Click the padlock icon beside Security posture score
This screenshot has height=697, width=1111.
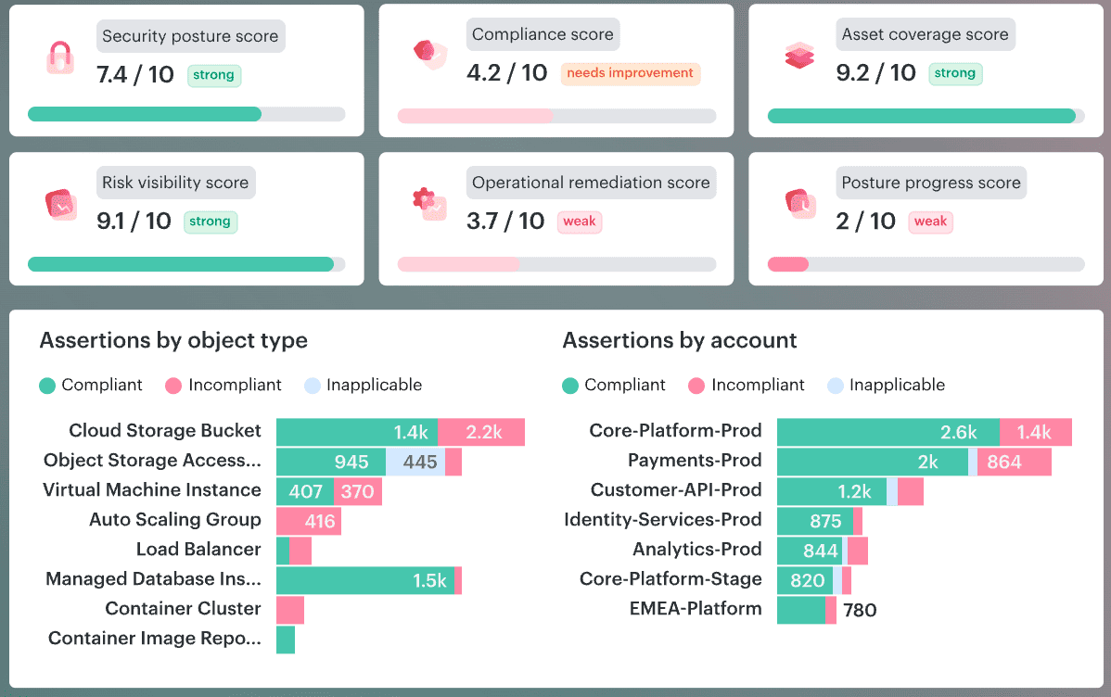coord(59,57)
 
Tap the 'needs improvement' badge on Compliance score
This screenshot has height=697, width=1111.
coord(630,73)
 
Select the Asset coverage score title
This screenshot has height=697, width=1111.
coord(925,35)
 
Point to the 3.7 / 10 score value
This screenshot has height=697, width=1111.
coord(505,221)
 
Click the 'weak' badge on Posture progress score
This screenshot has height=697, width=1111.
coord(930,222)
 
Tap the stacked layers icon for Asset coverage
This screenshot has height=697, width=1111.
coord(798,57)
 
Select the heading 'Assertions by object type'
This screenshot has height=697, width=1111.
coord(173,340)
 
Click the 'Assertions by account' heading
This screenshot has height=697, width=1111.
coord(680,340)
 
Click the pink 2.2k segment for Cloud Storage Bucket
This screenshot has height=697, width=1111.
coord(481,432)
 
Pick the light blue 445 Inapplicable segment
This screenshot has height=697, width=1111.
coord(415,462)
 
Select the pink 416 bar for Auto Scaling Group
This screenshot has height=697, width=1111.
coord(310,521)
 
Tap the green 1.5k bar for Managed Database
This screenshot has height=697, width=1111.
coord(365,580)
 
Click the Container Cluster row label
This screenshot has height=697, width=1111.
coord(183,609)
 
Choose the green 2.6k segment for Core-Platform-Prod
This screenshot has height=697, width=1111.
coord(888,432)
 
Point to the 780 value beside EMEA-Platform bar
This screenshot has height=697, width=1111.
coord(859,610)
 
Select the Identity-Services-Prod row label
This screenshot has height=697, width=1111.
coord(662,520)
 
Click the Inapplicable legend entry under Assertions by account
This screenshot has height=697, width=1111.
coord(887,385)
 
